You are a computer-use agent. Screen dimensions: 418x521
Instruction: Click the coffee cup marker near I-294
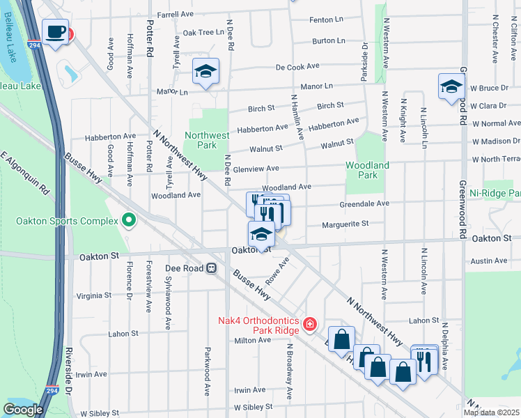click(x=56, y=31)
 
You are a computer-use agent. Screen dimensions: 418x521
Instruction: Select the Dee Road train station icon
click(x=210, y=268)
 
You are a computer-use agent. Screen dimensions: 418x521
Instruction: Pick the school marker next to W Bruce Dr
click(x=451, y=86)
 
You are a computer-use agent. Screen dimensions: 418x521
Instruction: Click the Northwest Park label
click(x=206, y=140)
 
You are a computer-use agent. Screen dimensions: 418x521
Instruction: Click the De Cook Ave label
click(x=297, y=67)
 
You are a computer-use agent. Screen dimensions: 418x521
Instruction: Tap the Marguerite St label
click(x=345, y=224)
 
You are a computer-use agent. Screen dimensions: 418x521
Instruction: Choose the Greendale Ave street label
click(x=364, y=203)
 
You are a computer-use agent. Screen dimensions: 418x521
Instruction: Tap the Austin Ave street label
click(x=489, y=261)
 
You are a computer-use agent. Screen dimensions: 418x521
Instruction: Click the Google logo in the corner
click(x=22, y=410)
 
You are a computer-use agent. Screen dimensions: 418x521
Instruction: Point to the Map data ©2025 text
click(x=491, y=412)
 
